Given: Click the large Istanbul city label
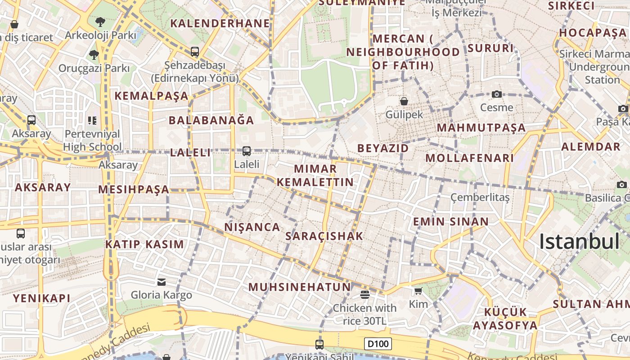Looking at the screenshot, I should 580,242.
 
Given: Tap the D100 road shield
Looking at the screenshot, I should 378,344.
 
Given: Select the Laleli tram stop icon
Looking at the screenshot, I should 246,151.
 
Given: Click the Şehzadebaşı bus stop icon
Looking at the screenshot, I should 194,52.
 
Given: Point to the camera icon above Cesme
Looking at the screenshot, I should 496,94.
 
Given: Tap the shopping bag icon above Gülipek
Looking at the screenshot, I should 404,101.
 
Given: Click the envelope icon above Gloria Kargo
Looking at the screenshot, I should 161,282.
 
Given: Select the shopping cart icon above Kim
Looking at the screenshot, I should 418,291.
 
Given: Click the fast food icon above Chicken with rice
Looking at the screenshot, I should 364,294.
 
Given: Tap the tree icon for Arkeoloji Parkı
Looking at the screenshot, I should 100,22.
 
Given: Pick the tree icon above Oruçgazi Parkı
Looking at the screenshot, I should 94,55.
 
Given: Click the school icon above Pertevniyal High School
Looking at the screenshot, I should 92,120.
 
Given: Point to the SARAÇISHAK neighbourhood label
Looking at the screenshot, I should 324,236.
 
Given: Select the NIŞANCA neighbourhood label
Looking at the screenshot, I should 252,227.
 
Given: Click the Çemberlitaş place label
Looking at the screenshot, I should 480,198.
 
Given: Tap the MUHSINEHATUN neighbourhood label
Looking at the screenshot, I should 299,287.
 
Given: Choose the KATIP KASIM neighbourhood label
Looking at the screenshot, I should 144,244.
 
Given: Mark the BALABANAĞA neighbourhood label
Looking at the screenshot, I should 211,120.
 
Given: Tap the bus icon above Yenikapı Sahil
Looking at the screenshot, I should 319,345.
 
